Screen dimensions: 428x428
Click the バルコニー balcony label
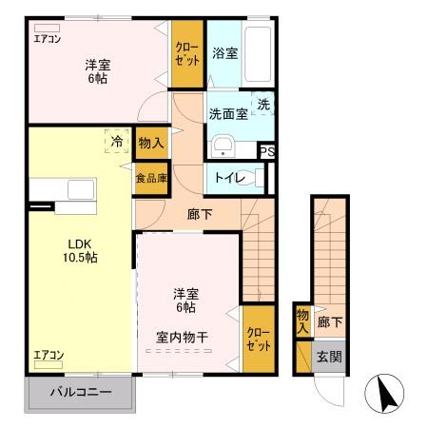point(81,392)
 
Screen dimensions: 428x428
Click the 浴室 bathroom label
point(225,54)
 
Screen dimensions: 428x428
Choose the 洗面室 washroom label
point(228,114)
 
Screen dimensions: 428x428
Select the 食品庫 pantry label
point(150,178)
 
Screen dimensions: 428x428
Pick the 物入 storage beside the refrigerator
point(150,143)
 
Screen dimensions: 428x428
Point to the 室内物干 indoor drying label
point(183,338)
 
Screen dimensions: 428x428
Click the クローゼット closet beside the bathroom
point(186,54)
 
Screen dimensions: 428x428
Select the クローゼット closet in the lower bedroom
point(257,339)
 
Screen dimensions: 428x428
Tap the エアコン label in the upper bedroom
point(47,39)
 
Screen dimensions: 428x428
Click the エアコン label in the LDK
point(48,355)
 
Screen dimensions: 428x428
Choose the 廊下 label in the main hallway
point(200,214)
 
